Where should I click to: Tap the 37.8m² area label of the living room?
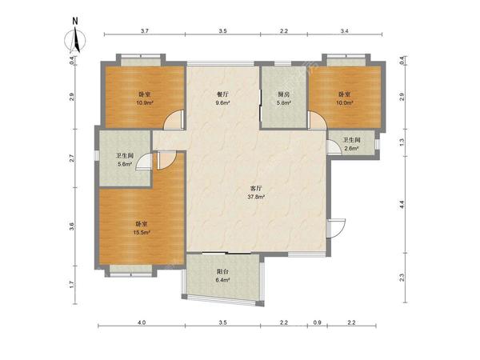[x=256, y=197]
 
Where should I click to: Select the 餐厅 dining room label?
[x=222, y=94]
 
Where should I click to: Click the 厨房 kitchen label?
[x=283, y=94]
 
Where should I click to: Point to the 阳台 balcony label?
[x=222, y=271]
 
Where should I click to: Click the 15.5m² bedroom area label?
[x=142, y=232]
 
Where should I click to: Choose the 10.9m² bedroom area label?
[x=145, y=103]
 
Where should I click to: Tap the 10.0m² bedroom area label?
[x=345, y=103]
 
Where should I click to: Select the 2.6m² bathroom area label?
[x=351, y=149]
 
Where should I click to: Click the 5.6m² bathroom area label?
[x=125, y=164]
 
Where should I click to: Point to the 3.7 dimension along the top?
[x=145, y=31]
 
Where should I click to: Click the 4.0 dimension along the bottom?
[x=142, y=322]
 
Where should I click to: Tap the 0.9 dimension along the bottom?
[x=318, y=322]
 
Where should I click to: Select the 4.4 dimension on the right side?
[x=402, y=205]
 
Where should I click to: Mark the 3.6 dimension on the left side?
[x=72, y=226]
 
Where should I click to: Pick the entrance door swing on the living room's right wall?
[x=336, y=228]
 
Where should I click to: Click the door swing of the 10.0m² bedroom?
[x=318, y=120]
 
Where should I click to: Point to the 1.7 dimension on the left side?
[x=72, y=285]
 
